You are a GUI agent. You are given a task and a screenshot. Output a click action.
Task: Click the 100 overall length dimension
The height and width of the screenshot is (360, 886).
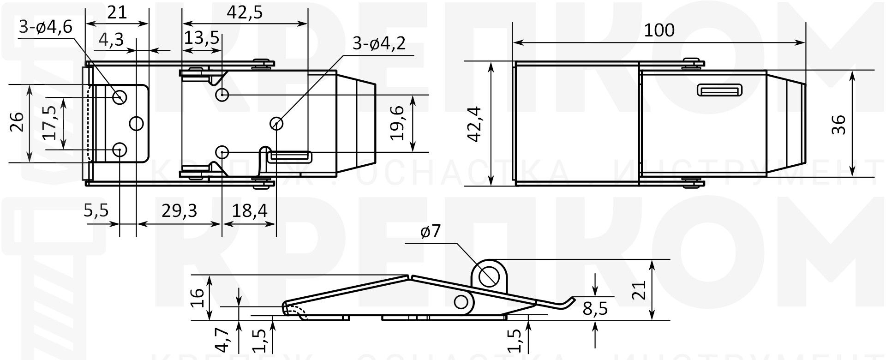659,30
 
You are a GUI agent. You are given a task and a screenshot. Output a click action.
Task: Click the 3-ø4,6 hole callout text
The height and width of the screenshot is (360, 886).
45,27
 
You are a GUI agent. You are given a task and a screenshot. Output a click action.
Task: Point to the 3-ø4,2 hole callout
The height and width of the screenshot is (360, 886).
378,43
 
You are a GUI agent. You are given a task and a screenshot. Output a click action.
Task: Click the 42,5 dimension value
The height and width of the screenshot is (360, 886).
244,12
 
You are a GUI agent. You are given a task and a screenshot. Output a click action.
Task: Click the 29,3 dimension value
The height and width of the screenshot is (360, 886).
179,211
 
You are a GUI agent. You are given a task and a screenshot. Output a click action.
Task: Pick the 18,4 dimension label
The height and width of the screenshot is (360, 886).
250,211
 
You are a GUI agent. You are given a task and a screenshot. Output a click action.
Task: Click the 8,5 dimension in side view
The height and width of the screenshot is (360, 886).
595,308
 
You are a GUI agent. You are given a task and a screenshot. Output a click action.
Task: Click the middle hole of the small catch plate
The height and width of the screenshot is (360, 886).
137,123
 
